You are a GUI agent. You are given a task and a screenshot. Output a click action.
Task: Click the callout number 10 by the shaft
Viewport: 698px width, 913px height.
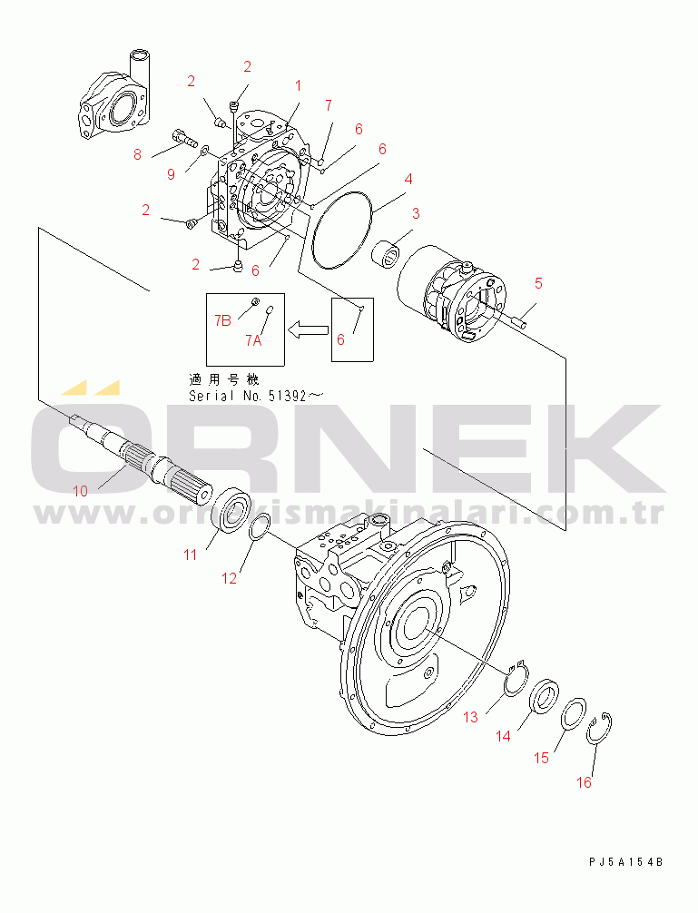pos(81,491)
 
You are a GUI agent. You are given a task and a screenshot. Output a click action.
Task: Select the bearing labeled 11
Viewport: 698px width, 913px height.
pos(231,508)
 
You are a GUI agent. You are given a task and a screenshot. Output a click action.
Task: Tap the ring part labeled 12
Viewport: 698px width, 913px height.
pos(259,527)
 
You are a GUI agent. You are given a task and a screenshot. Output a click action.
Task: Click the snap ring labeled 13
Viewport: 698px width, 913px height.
pos(516,678)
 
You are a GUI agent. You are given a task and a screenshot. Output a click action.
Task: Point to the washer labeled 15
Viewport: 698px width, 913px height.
pos(574,712)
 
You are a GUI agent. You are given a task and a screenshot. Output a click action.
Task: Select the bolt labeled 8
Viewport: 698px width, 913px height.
pos(185,138)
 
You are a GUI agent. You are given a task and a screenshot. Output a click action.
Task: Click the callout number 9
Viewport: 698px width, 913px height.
pos(172,174)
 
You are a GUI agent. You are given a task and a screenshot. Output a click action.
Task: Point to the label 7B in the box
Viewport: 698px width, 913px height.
pos(222,320)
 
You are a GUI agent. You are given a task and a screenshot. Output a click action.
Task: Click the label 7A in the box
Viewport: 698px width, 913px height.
pos(253,340)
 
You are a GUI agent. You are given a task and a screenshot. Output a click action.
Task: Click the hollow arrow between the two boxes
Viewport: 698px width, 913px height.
pos(309,329)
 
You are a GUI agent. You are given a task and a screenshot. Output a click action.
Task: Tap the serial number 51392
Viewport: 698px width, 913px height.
pos(288,396)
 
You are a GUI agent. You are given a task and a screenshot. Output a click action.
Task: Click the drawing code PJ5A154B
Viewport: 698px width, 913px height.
pos(625,862)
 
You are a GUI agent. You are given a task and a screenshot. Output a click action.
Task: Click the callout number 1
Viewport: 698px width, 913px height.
pos(298,86)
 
